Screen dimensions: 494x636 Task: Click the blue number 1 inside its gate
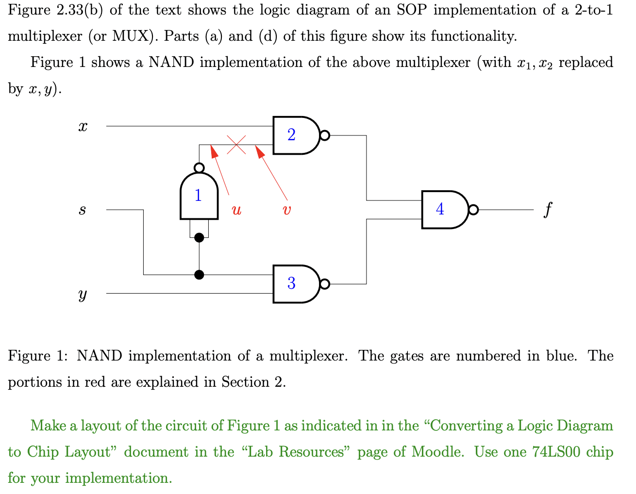tap(198, 195)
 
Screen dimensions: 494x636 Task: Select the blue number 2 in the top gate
tap(291, 135)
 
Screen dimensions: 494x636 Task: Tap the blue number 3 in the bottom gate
tap(291, 283)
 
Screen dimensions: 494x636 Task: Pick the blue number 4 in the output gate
tap(440, 209)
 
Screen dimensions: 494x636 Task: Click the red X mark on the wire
tap(236, 144)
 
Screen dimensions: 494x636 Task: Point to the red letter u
tap(236, 210)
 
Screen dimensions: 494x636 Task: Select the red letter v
tap(287, 210)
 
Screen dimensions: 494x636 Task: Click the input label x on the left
tap(83, 127)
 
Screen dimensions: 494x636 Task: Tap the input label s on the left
tap(83, 210)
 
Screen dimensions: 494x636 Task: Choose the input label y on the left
tap(83, 294)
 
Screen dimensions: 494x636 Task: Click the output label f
tap(548, 210)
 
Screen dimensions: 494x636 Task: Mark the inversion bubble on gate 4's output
tap(473, 210)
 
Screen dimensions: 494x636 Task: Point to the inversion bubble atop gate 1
tap(199, 168)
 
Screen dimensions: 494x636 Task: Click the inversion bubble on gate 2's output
tap(325, 135)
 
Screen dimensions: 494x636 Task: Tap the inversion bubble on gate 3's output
tap(325, 284)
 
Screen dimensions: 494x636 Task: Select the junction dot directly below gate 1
tap(199, 237)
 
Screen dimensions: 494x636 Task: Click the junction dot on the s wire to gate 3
tap(199, 275)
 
